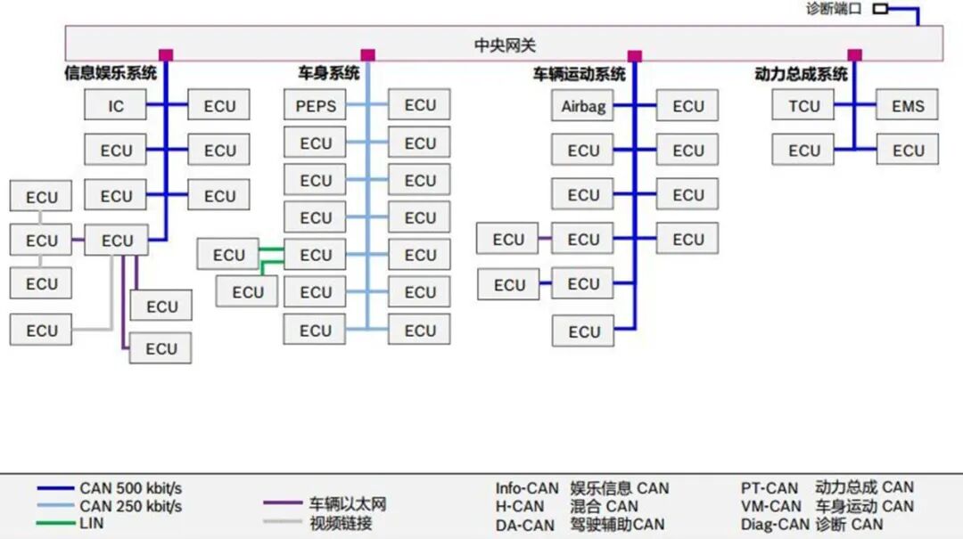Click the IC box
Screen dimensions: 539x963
(115, 105)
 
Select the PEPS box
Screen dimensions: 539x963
(315, 106)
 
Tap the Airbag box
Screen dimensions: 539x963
(583, 106)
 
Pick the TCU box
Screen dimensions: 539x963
(803, 105)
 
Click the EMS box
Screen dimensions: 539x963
(908, 105)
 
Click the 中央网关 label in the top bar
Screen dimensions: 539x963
(504, 45)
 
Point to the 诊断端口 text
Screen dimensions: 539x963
(834, 10)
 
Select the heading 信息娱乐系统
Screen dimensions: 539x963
(110, 73)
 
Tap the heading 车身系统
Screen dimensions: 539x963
(328, 73)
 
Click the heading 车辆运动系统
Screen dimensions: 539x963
(580, 74)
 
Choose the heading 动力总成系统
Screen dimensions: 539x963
(801, 74)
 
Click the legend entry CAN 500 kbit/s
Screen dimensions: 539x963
(130, 488)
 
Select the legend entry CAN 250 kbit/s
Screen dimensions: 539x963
(130, 506)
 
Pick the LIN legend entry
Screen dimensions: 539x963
(91, 523)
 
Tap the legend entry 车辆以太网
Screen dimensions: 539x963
(348, 503)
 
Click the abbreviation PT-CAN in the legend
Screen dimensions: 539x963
(770, 488)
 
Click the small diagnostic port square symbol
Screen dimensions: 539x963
(880, 10)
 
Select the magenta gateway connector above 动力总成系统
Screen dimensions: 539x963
(854, 55)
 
